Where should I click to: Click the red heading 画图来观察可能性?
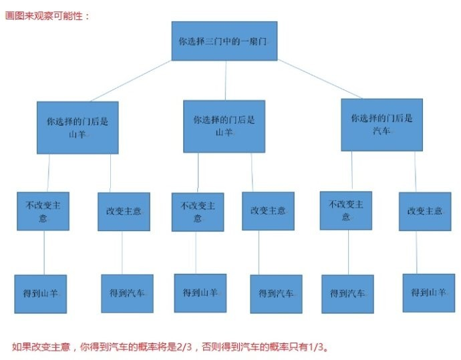47,15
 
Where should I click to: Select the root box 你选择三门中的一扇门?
224,41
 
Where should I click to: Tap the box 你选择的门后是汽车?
381,124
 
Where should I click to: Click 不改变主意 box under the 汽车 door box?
345,210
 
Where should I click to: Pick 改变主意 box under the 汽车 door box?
424,211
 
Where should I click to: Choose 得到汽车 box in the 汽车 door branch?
347,293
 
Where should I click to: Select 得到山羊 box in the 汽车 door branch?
428,292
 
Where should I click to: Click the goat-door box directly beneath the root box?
224,126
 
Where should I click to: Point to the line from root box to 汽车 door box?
321,79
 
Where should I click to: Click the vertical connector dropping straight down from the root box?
224,80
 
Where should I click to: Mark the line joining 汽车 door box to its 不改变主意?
352,171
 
